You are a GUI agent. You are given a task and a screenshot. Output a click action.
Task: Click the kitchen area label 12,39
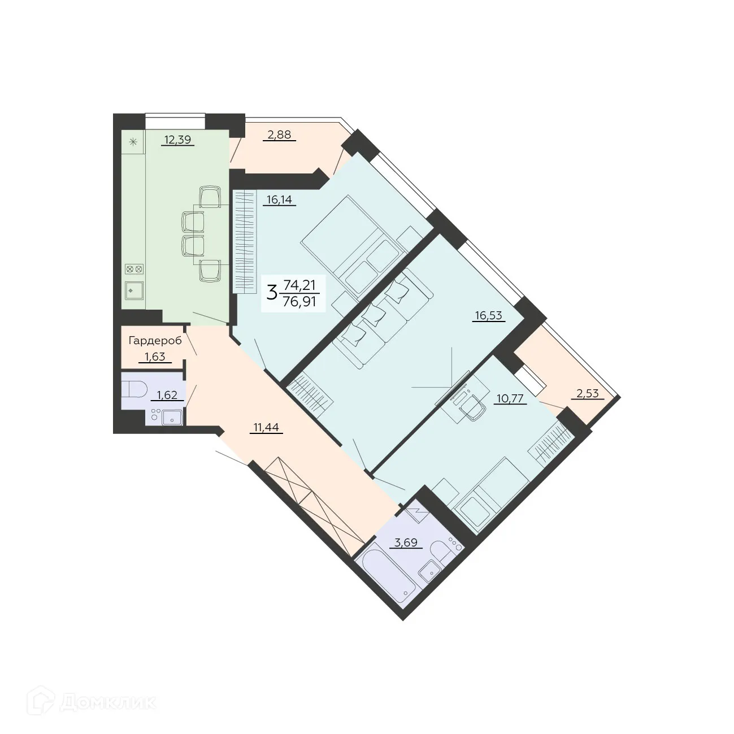click(x=177, y=140)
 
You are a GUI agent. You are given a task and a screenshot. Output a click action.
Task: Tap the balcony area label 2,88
click(x=279, y=135)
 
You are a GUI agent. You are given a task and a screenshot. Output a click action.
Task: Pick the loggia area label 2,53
click(x=588, y=393)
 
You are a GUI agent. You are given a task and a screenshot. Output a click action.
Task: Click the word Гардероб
click(x=155, y=341)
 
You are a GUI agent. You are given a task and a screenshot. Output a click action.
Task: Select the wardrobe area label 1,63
click(x=155, y=357)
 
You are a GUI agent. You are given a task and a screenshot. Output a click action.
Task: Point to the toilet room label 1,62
click(x=167, y=395)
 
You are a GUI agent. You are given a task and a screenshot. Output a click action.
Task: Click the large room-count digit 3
click(x=272, y=293)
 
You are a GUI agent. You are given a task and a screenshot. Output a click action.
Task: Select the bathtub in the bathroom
click(x=388, y=575)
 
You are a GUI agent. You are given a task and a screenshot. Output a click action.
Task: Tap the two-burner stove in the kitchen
click(x=134, y=269)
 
